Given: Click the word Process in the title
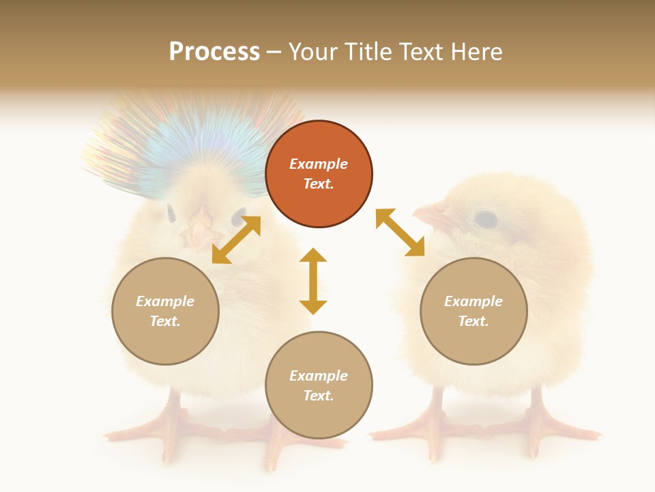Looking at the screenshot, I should (x=214, y=52).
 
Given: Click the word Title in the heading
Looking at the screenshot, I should (x=367, y=52).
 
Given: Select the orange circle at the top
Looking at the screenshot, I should (x=319, y=174).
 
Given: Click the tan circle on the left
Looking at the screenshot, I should (x=165, y=311).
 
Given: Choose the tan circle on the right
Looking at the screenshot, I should (x=474, y=311).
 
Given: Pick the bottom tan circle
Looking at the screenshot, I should (x=319, y=385).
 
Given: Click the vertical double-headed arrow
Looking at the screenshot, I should (x=313, y=281).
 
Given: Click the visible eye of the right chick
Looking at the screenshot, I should (x=485, y=219).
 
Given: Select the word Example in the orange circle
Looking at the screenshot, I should (x=319, y=164).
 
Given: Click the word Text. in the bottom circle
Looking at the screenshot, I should (x=319, y=396).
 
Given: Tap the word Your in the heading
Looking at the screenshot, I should (x=316, y=52).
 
